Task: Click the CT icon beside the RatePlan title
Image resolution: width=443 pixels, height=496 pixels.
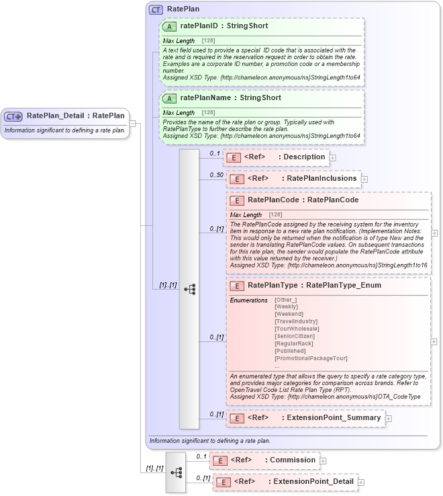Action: (156, 10)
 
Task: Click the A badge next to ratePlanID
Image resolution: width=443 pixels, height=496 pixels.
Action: (170, 26)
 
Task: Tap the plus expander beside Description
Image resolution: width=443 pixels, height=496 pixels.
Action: (332, 157)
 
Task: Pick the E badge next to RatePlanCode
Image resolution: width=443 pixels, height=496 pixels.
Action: (236, 200)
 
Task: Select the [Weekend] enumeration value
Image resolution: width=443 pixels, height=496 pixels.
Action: (289, 314)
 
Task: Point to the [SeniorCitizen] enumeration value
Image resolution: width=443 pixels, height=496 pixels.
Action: (295, 336)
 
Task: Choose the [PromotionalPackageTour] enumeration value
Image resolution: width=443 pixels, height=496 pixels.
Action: (311, 358)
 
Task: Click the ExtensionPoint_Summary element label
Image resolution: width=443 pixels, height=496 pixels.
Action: (334, 417)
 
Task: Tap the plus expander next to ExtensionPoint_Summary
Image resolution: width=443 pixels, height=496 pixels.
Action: (388, 418)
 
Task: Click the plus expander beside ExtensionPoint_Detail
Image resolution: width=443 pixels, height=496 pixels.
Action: (361, 482)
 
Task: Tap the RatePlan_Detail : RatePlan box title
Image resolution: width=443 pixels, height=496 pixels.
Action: (75, 116)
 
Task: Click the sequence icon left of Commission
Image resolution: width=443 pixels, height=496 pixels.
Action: (176, 472)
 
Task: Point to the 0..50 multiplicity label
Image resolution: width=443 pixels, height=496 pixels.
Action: (216, 175)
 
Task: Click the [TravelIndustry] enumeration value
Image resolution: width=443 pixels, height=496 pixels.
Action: (296, 321)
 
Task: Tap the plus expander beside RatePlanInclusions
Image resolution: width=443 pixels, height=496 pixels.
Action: (364, 179)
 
